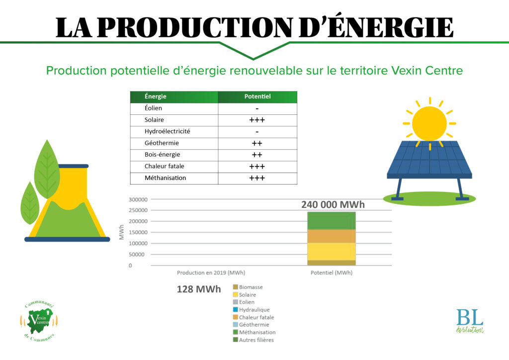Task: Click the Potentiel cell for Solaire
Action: pos(257,120)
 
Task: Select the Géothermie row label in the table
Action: pos(162,143)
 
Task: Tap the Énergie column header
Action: pos(156,96)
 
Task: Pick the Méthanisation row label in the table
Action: pos(165,178)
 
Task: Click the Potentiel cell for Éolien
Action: pos(257,108)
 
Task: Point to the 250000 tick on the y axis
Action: pos(138,210)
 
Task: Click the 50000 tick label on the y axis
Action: pos(137,255)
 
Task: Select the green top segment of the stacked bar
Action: pos(332,221)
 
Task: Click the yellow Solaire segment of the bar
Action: pos(332,252)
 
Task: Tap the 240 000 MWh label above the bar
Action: pos(333,204)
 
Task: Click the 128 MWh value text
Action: pos(199,289)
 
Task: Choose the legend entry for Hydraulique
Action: pos(252,310)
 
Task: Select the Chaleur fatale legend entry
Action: pos(254,317)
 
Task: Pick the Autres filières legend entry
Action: pos(254,340)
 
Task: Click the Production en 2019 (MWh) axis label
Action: pos(211,272)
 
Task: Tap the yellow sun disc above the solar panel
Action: pos(429,124)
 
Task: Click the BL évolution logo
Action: pos(470,321)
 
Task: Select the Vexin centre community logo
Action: pos(39,321)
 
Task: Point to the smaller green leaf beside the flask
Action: pos(29,203)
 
